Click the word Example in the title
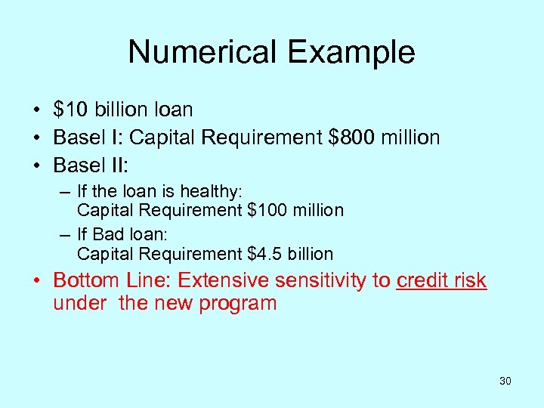tap(352, 52)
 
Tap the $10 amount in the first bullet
tap(70, 110)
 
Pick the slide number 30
tap(505, 381)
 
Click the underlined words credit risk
tap(441, 281)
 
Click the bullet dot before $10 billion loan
tap(36, 110)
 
